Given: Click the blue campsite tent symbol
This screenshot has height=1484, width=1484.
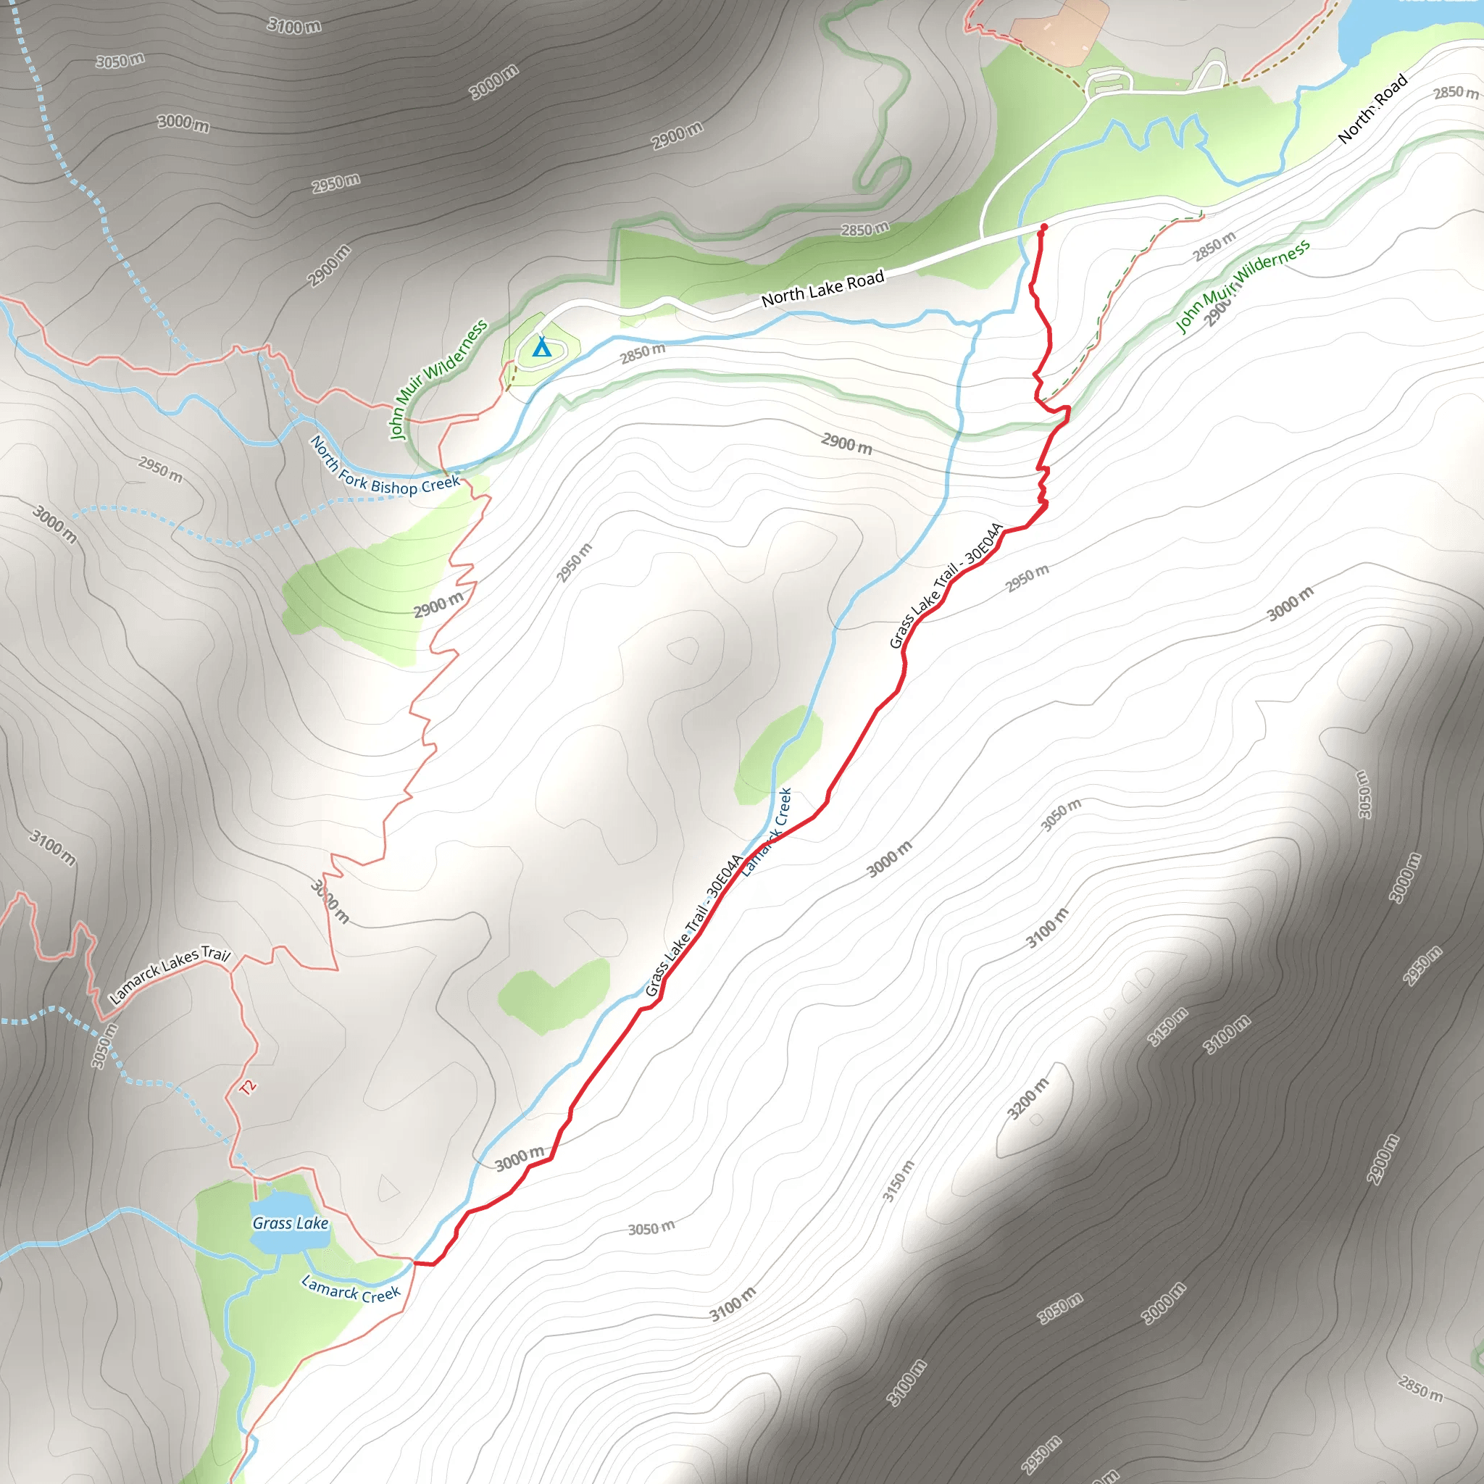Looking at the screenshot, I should pos(541,347).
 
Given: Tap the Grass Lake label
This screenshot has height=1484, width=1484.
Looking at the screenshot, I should pos(291,1223).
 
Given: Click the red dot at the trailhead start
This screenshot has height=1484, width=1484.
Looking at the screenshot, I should pos(1043,228).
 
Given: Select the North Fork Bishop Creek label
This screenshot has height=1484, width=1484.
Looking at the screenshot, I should pos(384,468).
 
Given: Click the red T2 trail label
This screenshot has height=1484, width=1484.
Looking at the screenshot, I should pos(247,1087).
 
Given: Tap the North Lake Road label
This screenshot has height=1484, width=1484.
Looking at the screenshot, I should pos(822,288).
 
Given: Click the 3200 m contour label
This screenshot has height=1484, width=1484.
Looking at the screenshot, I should pos(1027,1099).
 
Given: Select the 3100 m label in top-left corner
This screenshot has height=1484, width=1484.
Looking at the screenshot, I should pos(294,26).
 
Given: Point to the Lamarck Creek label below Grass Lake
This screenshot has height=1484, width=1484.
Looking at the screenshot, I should pos(350,1288).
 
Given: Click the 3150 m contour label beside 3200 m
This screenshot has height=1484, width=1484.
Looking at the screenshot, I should pos(1167,1026).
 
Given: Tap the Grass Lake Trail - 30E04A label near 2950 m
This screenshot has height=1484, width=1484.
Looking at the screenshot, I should pos(946,585).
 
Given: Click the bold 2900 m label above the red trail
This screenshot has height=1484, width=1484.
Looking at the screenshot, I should pos(846,443).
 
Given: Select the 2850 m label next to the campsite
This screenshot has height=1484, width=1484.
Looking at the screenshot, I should pos(643,354).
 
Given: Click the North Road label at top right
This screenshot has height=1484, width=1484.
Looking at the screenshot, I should pos(1372,108).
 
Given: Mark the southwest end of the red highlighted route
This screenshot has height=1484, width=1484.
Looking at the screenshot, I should pos(415,1262).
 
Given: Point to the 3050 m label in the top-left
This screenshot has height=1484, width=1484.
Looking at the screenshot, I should pos(120,60).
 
